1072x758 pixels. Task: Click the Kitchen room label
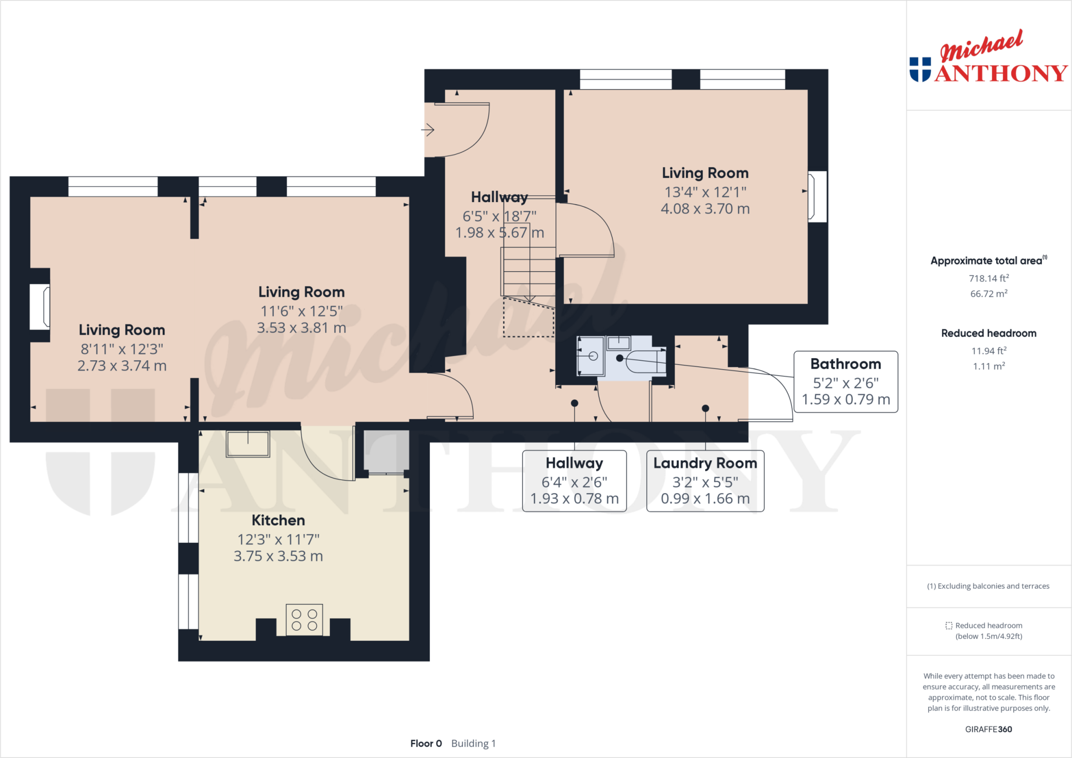click(278, 520)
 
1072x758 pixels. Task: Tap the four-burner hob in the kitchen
click(304, 620)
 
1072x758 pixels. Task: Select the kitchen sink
click(248, 444)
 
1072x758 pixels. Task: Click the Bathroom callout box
click(845, 382)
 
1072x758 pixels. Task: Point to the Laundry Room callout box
click(705, 481)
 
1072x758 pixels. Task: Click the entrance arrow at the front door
click(428, 129)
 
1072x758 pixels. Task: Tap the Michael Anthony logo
click(988, 57)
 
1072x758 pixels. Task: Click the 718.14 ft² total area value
click(989, 278)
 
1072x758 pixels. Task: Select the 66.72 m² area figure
click(989, 293)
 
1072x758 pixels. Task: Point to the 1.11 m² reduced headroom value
click(989, 366)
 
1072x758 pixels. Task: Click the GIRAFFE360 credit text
click(988, 729)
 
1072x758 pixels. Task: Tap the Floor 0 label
click(426, 743)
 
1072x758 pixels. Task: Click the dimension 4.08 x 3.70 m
click(705, 208)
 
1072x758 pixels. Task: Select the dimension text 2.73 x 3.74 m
click(122, 365)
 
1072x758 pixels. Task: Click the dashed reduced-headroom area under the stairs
click(529, 317)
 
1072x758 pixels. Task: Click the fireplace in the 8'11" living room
click(40, 306)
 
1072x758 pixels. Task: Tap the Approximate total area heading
click(989, 260)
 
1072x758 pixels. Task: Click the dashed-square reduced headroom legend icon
click(948, 626)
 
